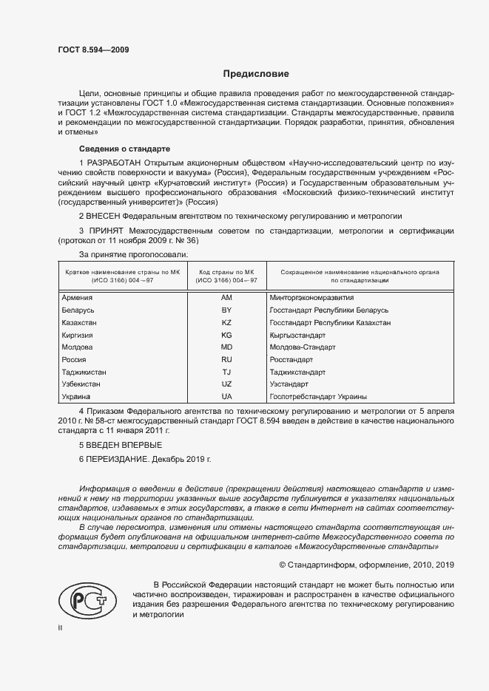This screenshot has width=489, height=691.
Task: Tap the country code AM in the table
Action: pos(226,297)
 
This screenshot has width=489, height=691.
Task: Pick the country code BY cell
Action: pos(226,310)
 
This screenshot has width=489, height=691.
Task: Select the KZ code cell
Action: pos(226,323)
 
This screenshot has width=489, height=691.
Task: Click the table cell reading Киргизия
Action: pos(81,335)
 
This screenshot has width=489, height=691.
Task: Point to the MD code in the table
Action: pos(226,347)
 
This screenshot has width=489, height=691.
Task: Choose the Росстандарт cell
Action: pos(293,359)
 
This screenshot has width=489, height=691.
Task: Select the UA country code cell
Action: pos(226,397)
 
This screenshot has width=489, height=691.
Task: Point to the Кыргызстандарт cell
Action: pos(300,335)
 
